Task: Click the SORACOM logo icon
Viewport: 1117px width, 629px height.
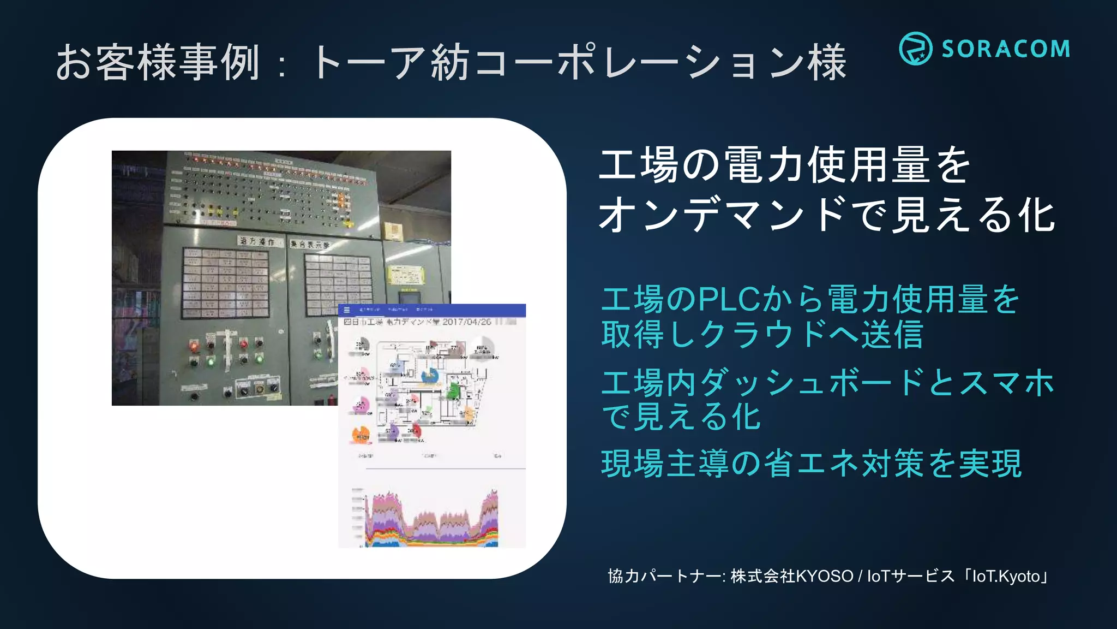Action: (915, 49)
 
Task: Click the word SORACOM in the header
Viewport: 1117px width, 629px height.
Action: (1006, 49)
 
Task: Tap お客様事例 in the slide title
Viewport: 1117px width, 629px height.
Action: (158, 62)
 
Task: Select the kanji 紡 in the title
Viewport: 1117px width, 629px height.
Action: (451, 62)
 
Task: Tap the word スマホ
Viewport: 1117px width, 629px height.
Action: (1006, 382)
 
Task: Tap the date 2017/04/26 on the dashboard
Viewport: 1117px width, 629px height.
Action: (467, 322)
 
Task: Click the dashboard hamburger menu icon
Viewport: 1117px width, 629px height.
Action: (346, 310)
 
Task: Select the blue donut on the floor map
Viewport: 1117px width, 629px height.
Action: (430, 376)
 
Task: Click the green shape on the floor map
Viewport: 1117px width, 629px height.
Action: (453, 391)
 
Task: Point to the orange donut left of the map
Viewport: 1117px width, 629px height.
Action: (361, 435)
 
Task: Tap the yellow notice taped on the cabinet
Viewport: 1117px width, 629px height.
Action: (405, 274)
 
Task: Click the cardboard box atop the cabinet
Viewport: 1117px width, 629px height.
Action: (393, 230)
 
